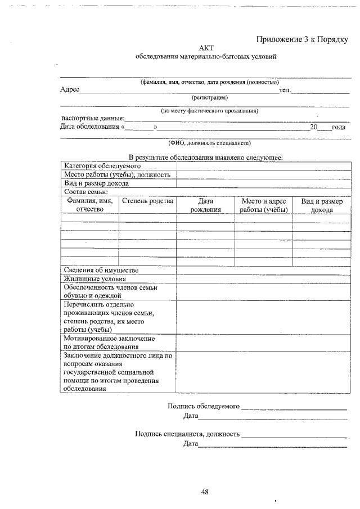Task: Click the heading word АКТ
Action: pyautogui.click(x=206, y=49)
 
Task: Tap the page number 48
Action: pyautogui.click(x=205, y=492)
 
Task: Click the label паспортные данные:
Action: pyautogui.click(x=92, y=119)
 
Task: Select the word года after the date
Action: pyautogui.click(x=339, y=127)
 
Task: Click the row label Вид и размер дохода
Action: pyautogui.click(x=96, y=183)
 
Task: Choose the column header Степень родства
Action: pyautogui.click(x=147, y=201)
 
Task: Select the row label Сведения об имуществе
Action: pyautogui.click(x=101, y=271)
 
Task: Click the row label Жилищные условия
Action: pyautogui.click(x=94, y=278)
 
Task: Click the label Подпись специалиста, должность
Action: pyautogui.click(x=187, y=434)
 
